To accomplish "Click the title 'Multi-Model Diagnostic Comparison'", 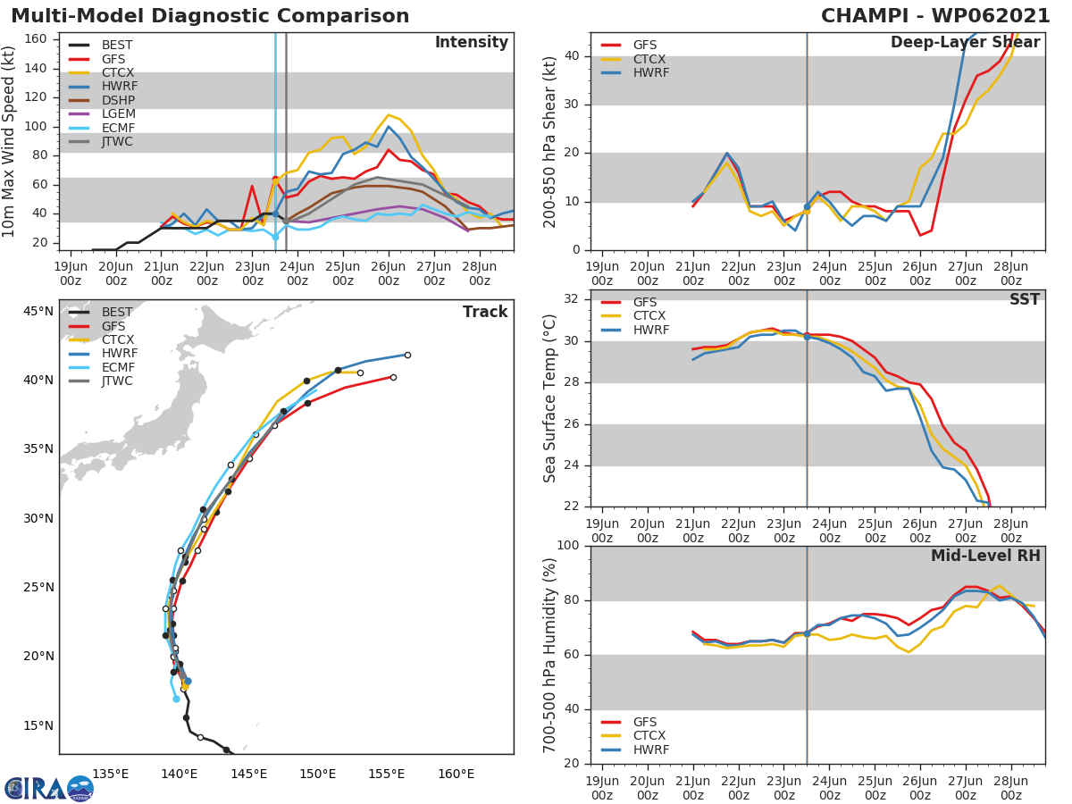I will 210,16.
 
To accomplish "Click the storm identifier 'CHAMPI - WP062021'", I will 935,16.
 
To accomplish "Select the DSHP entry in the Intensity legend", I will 120,100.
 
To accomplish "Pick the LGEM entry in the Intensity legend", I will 119,113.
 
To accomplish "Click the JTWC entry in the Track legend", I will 118,381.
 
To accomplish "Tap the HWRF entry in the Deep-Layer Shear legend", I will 650,72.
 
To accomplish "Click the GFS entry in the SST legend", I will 644,302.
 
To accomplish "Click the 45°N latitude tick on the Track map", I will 38,311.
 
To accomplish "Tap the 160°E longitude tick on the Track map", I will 456,774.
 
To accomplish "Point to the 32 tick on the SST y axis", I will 571,299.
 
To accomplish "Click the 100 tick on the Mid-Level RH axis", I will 566,546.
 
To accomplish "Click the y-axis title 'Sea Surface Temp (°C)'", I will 550,399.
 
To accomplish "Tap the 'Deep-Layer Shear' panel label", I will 965,43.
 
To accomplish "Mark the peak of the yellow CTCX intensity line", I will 388,114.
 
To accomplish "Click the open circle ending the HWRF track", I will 407,355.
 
